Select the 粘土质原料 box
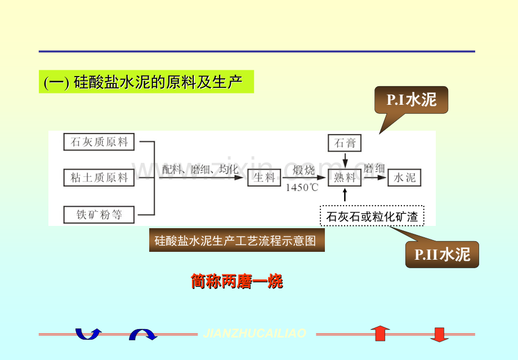click(x=99, y=178)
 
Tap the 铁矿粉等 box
click(x=99, y=215)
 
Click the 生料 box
click(x=264, y=178)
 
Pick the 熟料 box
click(x=345, y=178)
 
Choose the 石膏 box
click(x=345, y=143)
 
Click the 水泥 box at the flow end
click(x=404, y=178)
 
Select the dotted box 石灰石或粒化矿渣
click(x=372, y=216)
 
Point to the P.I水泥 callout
click(x=412, y=101)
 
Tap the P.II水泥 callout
click(x=442, y=255)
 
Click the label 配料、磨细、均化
click(x=200, y=169)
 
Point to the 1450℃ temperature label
click(x=301, y=188)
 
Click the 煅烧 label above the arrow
click(x=304, y=169)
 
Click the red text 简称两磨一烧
click(x=236, y=281)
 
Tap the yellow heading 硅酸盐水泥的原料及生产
click(x=146, y=82)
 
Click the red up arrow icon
click(x=380, y=334)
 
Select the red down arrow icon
click(x=439, y=334)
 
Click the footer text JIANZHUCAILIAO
click(x=254, y=334)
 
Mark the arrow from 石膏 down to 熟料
click(x=345, y=160)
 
